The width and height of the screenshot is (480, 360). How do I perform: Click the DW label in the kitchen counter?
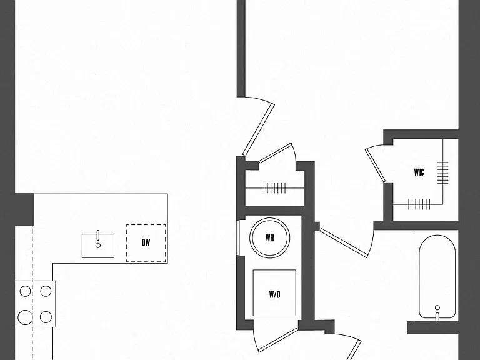click(x=146, y=242)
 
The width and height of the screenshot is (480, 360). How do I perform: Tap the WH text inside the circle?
click(x=270, y=238)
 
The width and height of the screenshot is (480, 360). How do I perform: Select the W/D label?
click(x=274, y=294)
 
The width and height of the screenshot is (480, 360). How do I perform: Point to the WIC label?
click(x=419, y=172)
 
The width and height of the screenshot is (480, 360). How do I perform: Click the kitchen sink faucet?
click(x=98, y=235)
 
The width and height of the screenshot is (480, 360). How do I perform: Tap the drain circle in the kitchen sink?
click(x=98, y=246)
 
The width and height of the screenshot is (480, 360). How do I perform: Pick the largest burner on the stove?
click(x=25, y=317)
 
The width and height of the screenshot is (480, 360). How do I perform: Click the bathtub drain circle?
click(x=437, y=307)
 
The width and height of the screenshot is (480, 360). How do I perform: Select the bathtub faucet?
click(x=437, y=317)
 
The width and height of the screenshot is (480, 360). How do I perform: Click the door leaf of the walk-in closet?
click(x=375, y=166)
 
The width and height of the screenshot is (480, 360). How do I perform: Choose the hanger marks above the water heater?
click(x=274, y=188)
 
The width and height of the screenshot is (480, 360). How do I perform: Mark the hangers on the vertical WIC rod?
click(x=443, y=173)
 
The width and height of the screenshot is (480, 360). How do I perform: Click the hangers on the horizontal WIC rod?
click(x=419, y=204)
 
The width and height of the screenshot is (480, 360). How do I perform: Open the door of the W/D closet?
click(x=278, y=340)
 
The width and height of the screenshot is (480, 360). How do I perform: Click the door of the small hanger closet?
click(x=276, y=152)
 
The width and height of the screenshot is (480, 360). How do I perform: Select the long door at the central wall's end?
click(x=258, y=130)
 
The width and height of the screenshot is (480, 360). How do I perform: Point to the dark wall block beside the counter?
click(x=24, y=210)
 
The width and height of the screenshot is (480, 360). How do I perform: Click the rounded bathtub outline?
click(x=437, y=277)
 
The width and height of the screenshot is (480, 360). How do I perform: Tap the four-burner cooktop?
click(x=35, y=304)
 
